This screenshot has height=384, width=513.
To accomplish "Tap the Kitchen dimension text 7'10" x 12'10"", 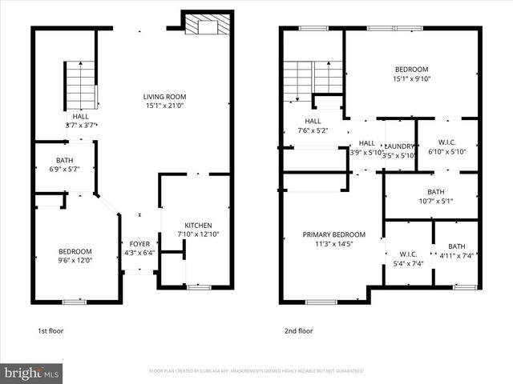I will click(197, 234).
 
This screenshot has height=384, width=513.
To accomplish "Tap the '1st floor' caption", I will click(50, 330).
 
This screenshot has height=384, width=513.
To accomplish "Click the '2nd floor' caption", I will click(298, 330).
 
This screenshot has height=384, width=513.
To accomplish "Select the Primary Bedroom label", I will click(333, 234).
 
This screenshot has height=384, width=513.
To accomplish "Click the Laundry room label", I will click(399, 146).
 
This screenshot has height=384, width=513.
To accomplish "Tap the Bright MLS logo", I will click(33, 373).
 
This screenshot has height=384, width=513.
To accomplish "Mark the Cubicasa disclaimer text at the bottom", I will click(256, 371).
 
